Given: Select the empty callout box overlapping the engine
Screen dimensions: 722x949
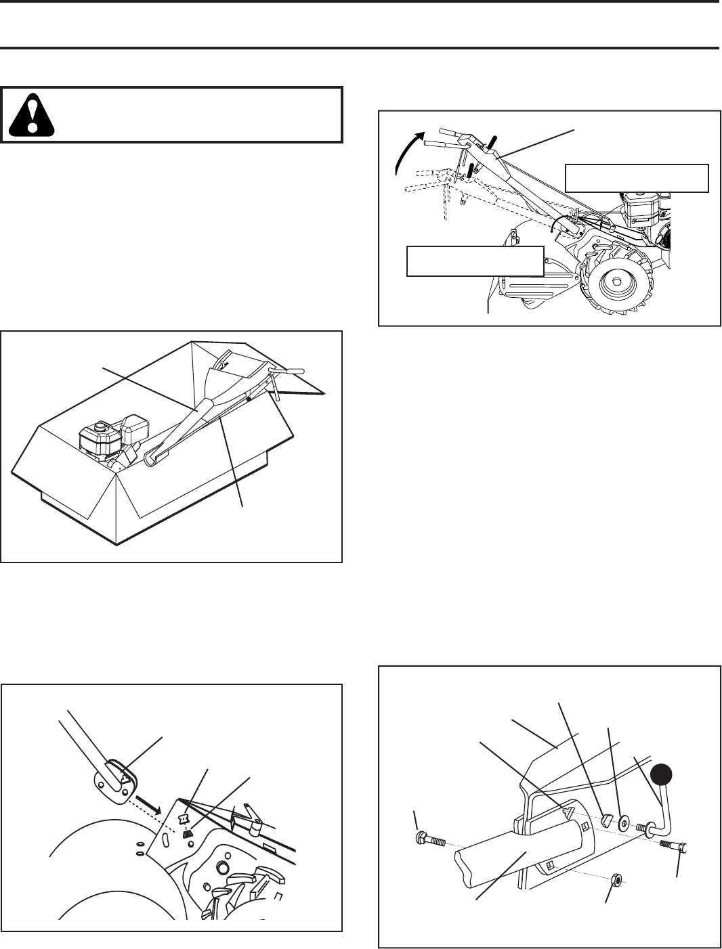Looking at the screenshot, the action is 637,178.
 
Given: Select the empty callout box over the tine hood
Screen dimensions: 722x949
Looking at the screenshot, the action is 475,261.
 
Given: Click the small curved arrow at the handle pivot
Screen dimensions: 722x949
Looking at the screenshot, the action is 557,227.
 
